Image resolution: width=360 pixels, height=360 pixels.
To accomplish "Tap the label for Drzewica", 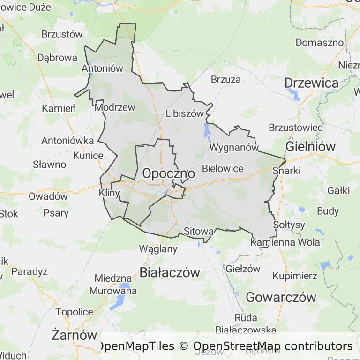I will point(311,83).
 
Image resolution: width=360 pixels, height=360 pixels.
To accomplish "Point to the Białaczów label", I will point(170,272).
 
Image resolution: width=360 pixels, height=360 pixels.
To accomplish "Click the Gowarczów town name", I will point(281,297).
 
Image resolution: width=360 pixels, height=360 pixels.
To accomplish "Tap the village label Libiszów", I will point(185,113).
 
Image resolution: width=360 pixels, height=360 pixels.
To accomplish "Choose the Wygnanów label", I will point(234,147).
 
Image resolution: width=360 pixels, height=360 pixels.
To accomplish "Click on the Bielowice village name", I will point(223,168).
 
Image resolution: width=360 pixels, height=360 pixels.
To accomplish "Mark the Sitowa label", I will point(199,231).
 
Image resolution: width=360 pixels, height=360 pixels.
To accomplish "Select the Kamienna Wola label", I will point(285,242).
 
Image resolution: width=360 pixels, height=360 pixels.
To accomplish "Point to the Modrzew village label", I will point(115,107).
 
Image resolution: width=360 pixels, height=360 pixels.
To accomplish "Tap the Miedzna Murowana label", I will point(116,285).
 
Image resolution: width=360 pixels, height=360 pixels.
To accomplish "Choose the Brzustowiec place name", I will point(295,127).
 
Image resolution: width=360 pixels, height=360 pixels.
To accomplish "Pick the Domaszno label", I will point(320,43).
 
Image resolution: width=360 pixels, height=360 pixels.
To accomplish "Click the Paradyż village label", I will point(30,271).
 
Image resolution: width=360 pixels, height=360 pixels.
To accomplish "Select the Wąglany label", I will point(158,249).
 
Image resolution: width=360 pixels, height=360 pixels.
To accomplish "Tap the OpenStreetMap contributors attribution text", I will point(273,346).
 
